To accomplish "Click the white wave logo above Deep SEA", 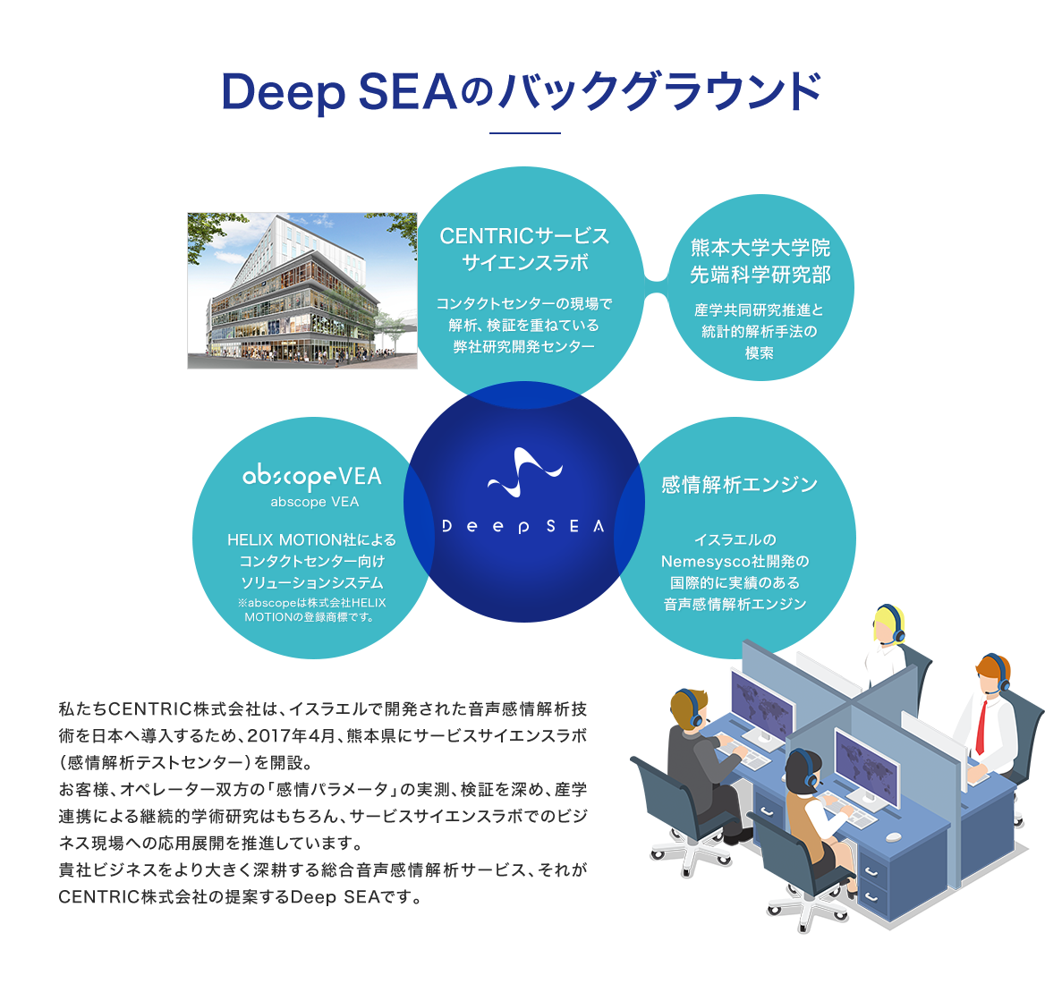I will tap(524, 471).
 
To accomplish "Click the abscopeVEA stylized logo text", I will tap(312, 477).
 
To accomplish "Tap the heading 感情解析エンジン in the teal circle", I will tap(739, 485).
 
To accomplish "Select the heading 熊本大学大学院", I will tap(760, 248).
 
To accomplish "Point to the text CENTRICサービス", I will tap(524, 236).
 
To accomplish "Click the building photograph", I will tap(302, 291).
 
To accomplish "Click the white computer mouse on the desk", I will tap(893, 837).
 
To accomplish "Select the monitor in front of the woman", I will tap(866, 768).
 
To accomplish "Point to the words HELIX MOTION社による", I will tap(311, 540).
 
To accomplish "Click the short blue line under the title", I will tap(524, 133).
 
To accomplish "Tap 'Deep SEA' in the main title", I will tap(340, 93).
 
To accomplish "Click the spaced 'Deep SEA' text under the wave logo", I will tap(523, 527).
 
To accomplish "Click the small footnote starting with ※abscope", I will tap(311, 610).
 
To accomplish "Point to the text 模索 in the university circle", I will tap(760, 353).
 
